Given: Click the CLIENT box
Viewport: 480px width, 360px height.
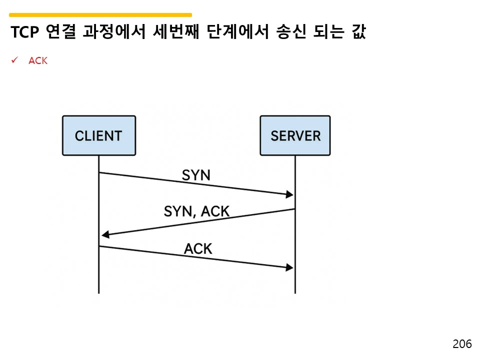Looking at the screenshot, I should point(98,135).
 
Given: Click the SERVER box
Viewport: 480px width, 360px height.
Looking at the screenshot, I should point(295,135).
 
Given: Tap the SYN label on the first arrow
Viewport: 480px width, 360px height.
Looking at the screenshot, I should point(195,175).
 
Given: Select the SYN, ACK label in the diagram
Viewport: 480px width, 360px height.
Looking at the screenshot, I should point(196,211).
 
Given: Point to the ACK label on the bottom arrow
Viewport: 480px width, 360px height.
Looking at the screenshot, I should point(198,248).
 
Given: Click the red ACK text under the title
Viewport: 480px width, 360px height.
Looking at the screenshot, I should point(38,61).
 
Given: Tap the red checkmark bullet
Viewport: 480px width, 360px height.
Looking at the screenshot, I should point(15,60).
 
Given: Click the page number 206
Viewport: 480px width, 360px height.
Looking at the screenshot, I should point(462,344).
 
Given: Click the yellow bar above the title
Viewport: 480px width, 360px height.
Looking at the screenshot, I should point(100,15).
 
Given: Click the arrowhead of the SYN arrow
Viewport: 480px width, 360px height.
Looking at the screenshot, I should point(289,194).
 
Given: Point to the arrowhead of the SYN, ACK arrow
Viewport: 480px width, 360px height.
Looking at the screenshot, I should point(104,234).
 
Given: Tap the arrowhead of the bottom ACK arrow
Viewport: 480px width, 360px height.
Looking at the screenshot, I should point(289,268).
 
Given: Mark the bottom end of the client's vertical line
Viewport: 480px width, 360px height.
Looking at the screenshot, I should point(98,292).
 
